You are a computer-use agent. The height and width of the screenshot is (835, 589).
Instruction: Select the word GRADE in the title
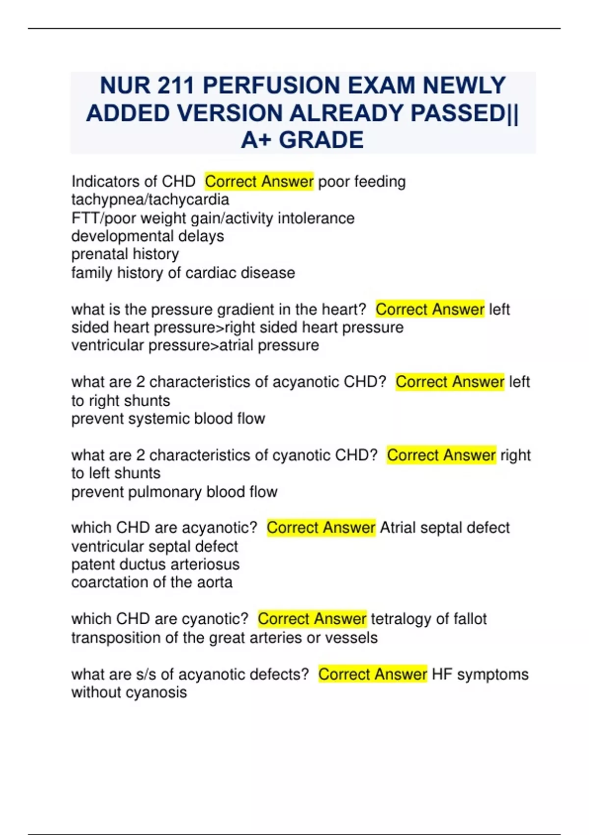point(321,140)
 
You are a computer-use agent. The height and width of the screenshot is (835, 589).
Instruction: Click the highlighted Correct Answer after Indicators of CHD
point(259,182)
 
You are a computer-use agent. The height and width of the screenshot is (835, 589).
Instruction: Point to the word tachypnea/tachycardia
point(150,200)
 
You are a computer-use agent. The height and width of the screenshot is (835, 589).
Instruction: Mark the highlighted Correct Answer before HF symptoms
point(373,674)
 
